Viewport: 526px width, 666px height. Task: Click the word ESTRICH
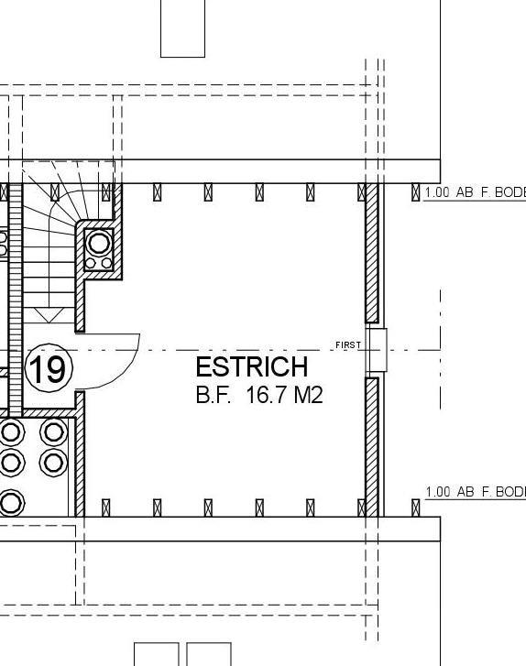click(252, 367)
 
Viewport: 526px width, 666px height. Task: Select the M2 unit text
click(308, 396)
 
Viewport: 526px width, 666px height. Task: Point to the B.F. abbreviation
click(214, 396)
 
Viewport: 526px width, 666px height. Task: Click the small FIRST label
click(348, 345)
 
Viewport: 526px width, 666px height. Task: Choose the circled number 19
click(47, 370)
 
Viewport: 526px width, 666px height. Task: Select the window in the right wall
click(376, 350)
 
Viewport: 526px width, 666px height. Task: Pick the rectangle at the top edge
click(182, 28)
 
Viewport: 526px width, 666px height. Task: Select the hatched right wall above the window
click(372, 257)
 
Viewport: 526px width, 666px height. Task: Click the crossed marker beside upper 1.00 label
click(416, 192)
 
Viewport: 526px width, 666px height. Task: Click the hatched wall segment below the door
click(80, 453)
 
